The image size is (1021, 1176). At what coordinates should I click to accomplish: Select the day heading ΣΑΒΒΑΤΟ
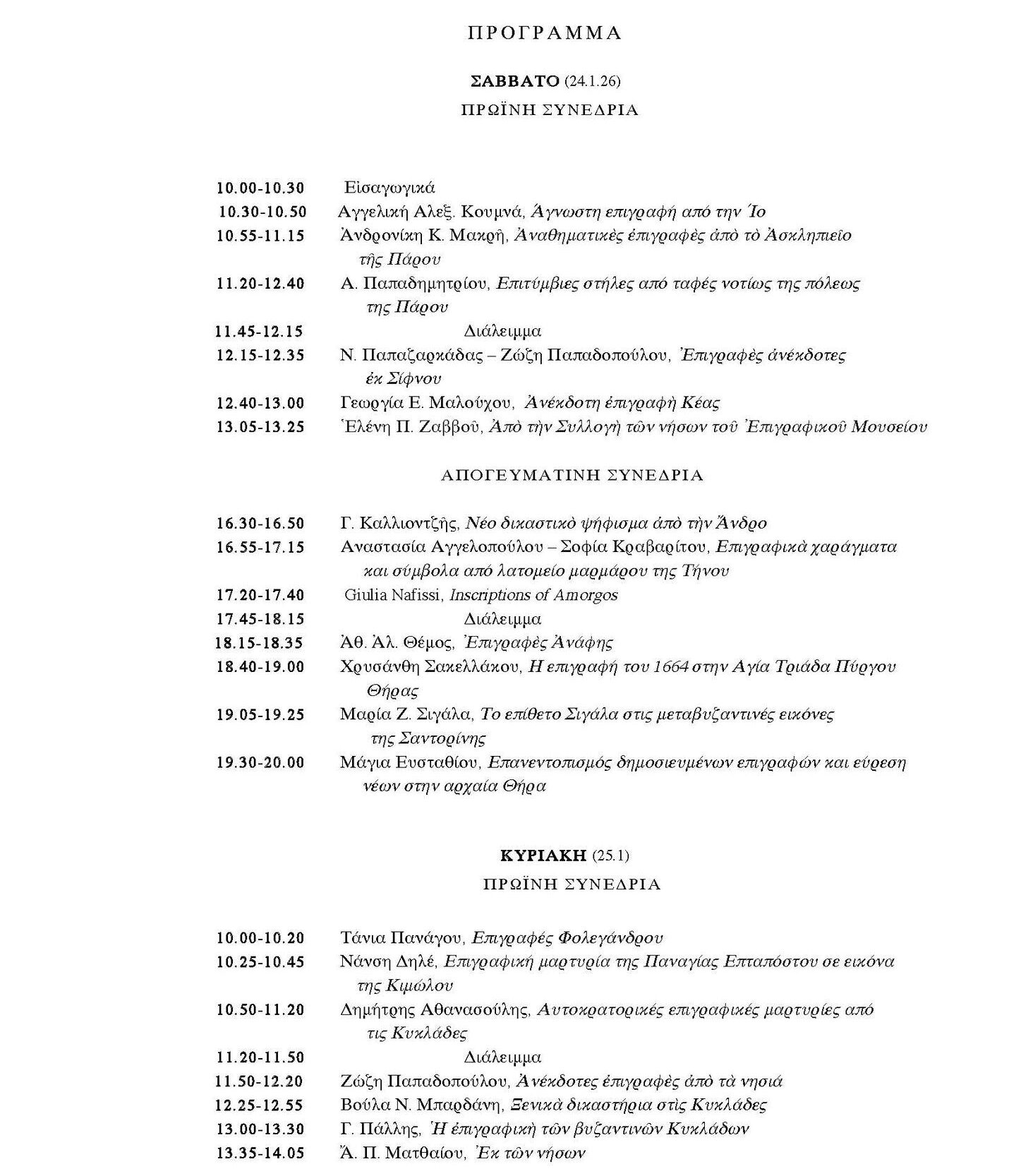(514, 81)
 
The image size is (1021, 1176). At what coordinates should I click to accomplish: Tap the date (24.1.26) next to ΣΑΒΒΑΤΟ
(593, 82)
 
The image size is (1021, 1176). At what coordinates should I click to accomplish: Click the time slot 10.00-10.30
(260, 188)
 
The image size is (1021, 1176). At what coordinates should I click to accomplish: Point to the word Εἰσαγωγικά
(389, 188)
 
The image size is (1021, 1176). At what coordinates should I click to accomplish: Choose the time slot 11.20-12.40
(260, 284)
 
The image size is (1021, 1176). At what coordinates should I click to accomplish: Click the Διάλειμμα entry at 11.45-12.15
(502, 331)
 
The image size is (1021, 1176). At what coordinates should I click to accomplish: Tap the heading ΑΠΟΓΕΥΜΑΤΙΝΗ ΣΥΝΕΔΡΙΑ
(572, 476)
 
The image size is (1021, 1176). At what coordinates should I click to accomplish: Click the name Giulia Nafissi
(393, 595)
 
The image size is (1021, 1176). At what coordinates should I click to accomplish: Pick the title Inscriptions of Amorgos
(533, 595)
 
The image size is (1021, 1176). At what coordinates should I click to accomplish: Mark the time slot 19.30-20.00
(260, 762)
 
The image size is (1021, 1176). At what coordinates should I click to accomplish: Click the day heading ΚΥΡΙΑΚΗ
(543, 856)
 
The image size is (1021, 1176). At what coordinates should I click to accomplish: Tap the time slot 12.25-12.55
(260, 1105)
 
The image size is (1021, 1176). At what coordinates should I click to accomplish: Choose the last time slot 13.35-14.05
(260, 1153)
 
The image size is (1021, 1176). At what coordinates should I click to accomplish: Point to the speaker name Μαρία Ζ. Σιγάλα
(406, 714)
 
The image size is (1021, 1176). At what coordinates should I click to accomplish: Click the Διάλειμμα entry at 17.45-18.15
(502, 619)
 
